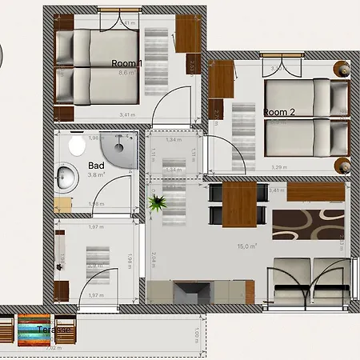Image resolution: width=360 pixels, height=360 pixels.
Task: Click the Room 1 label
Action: [x=126, y=63]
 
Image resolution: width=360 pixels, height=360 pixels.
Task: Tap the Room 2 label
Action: [x=280, y=113]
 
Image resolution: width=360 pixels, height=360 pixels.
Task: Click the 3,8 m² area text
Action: [x=97, y=174]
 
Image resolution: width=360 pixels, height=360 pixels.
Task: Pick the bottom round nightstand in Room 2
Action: [x=343, y=166]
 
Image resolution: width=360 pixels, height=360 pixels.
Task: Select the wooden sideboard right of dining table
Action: [x=315, y=192]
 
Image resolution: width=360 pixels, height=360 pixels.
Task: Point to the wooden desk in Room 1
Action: [x=188, y=34]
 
